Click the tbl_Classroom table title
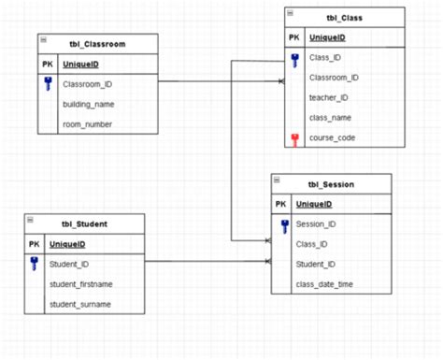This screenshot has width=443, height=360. (x=98, y=45)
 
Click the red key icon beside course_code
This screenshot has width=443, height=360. (x=294, y=138)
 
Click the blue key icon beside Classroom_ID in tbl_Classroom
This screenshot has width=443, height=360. (x=48, y=85)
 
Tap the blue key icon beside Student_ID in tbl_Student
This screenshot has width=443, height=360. (x=34, y=265)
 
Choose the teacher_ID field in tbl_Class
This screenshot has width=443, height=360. (x=329, y=97)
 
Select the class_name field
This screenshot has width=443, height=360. (x=331, y=117)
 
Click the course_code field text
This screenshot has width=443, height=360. (x=332, y=137)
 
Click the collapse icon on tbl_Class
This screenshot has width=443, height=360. (x=290, y=12)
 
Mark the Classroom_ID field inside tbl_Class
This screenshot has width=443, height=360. (x=334, y=78)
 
